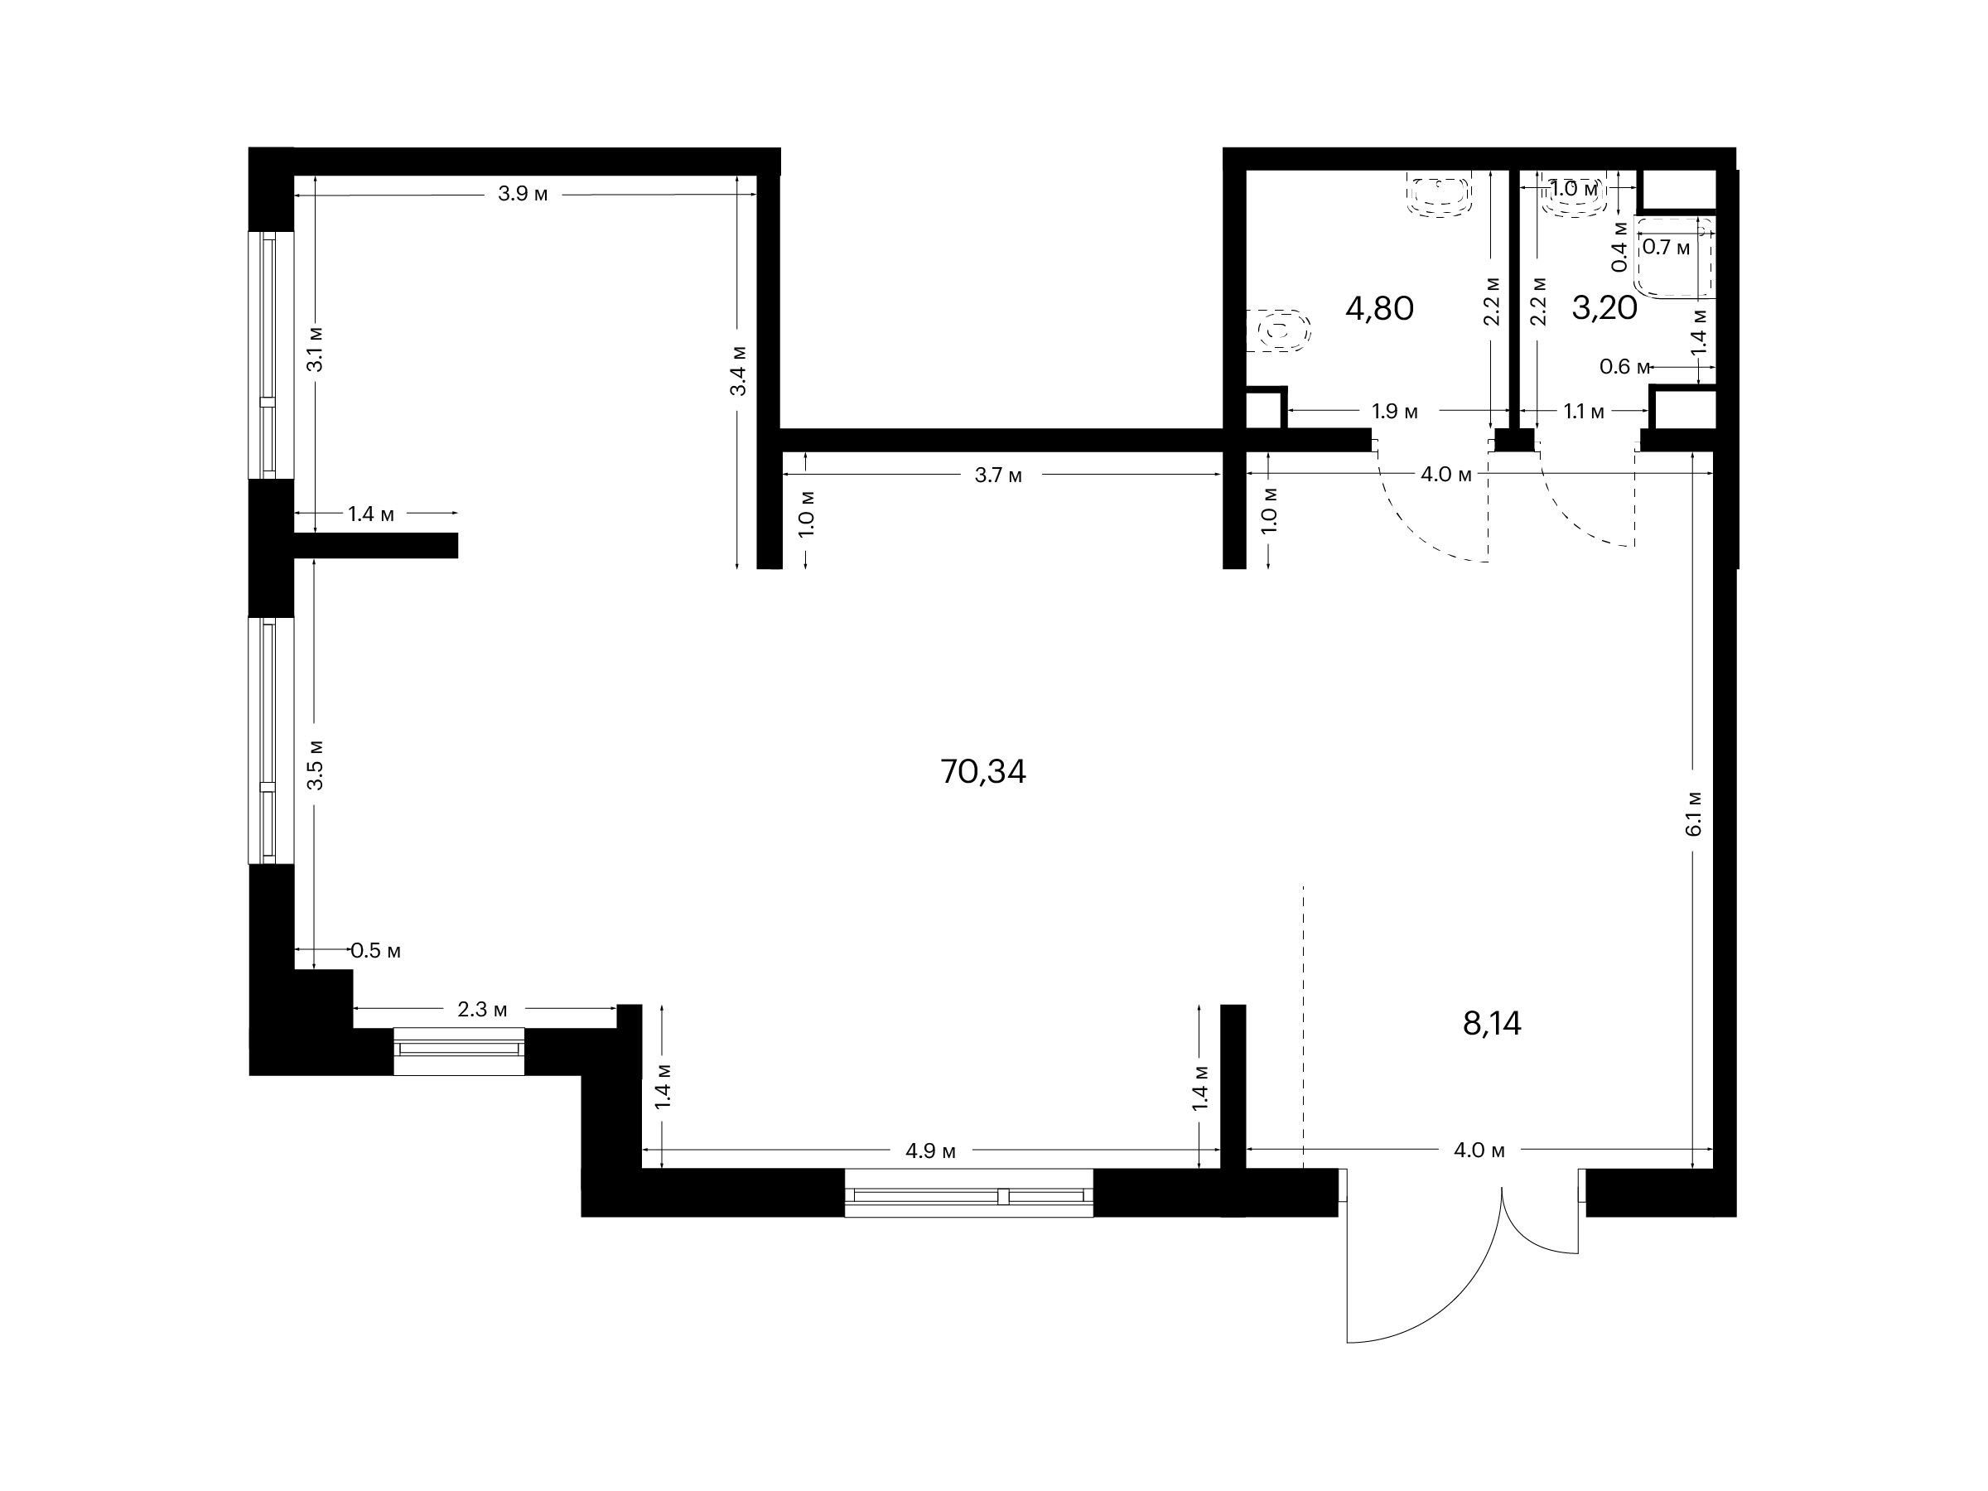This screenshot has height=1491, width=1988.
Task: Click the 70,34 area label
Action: pos(982,772)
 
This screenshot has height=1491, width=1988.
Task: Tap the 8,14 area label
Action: pos(1492,1024)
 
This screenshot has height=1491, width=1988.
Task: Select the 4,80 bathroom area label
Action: pos(1379,309)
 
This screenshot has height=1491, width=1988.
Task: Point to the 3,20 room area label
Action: pos(1604,309)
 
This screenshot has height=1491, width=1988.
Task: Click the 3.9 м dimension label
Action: pos(523,194)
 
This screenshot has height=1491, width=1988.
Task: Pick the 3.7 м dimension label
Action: pos(998,475)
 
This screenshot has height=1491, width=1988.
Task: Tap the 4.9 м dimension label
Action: pos(931,1151)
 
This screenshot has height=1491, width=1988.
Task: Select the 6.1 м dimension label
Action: pos(1694,814)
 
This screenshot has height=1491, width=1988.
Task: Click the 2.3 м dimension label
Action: pos(483,1009)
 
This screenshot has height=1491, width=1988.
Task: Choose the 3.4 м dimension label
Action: pos(738,370)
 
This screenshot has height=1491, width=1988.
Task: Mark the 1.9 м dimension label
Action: pos(1395,412)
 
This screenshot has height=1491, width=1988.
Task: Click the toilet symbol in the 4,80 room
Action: pos(1280,331)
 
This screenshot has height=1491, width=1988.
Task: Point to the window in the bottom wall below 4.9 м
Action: pos(969,1193)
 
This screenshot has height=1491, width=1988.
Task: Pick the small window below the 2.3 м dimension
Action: pos(459,1051)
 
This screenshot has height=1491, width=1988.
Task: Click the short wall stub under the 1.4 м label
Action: pos(376,546)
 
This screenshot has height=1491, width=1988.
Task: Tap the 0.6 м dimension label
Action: pos(1625,367)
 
